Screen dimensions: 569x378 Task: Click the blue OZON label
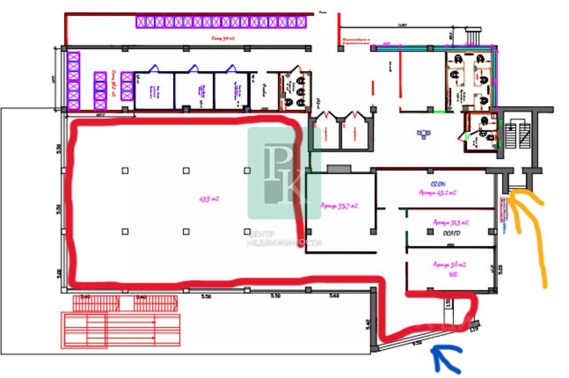(x=438, y=184)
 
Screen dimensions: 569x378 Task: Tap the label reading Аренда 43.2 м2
(x=438, y=193)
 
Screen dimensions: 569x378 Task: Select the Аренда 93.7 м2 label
(x=340, y=206)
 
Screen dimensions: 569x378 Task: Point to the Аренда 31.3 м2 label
(x=451, y=222)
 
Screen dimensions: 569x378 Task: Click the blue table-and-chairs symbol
(x=424, y=132)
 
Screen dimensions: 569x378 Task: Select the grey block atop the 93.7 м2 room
(x=339, y=168)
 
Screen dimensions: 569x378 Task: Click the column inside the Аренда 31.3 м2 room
(x=430, y=231)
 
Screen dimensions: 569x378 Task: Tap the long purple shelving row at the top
(x=221, y=22)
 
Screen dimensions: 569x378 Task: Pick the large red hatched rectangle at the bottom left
(x=121, y=329)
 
